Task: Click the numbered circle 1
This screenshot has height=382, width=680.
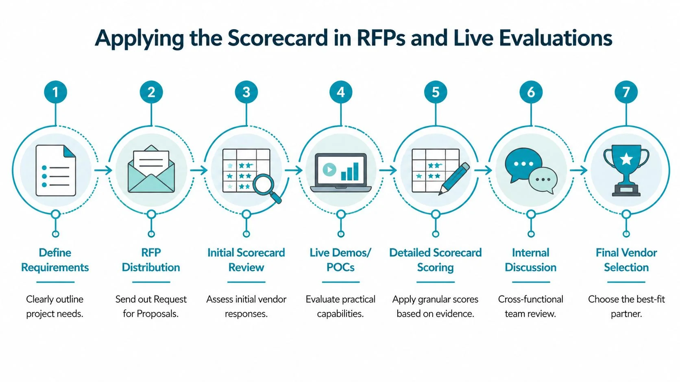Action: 55,92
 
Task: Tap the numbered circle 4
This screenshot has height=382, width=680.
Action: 341,92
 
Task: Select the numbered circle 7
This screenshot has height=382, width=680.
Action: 626,92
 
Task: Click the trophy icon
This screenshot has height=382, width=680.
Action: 626,171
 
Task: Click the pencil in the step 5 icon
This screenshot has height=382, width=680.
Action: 454,179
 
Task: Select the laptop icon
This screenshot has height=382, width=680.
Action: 341,172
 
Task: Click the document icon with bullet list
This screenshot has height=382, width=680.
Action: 56,170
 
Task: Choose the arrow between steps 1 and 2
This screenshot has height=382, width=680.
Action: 103,170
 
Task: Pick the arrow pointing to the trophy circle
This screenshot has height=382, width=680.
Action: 579,170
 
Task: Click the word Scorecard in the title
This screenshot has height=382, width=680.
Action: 277,38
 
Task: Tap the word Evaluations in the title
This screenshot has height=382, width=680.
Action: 556,38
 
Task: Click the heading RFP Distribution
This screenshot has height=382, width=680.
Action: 151,260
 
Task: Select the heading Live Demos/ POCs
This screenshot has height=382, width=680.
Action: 340,260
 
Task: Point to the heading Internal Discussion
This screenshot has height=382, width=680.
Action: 530,260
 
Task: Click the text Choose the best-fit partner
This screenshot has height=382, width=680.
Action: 626,306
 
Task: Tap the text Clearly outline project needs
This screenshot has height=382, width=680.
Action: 55,306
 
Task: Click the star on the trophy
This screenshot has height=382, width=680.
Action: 626,159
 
